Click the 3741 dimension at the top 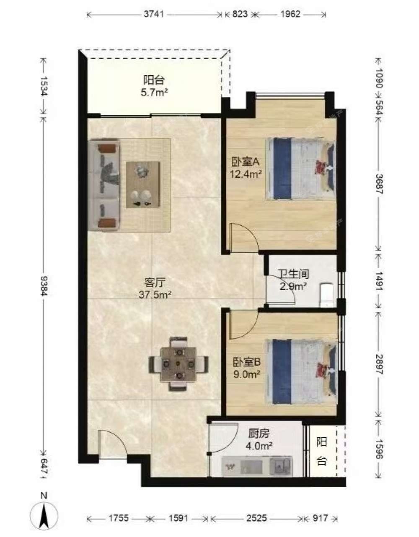coord(154,14)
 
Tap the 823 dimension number coord(240,14)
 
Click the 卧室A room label coord(245,162)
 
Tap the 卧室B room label coord(247,363)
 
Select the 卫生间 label coord(294,274)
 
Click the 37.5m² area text coord(155,295)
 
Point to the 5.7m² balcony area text coord(154,93)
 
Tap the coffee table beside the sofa coord(143,184)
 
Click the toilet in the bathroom coord(326,295)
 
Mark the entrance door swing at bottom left coord(112,444)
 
